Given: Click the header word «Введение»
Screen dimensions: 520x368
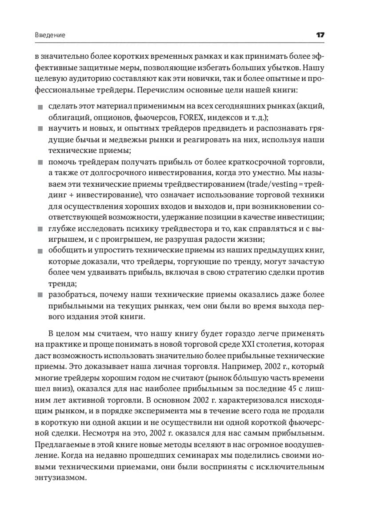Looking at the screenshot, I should (50, 35).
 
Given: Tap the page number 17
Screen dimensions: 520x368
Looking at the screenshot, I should (320, 35).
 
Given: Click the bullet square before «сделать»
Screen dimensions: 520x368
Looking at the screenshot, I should (40, 107).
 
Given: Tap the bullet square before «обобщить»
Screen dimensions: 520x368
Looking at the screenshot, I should (40, 251).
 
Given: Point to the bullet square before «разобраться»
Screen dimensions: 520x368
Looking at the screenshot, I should (40, 294).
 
